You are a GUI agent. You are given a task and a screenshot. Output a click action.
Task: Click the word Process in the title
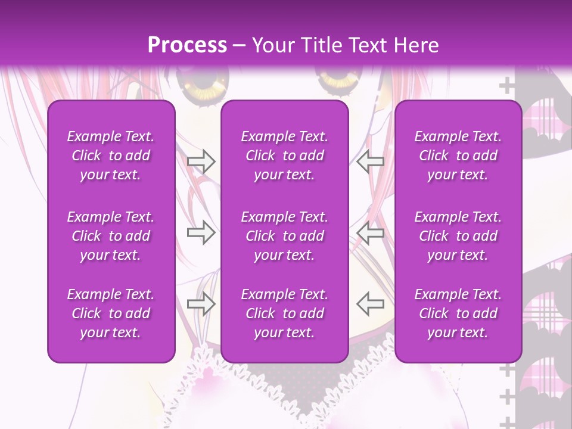click(x=187, y=45)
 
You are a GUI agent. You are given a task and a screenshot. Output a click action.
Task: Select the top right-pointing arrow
click(x=201, y=161)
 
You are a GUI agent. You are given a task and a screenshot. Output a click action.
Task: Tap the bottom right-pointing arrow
click(x=201, y=304)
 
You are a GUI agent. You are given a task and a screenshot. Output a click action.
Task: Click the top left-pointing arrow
click(x=370, y=161)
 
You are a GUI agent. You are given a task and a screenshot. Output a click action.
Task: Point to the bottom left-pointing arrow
click(x=370, y=304)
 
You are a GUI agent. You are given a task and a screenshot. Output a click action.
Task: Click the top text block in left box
click(x=111, y=156)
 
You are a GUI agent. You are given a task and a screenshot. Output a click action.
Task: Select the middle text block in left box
click(x=111, y=236)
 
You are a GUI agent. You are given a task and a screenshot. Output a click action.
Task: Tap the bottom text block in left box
click(x=111, y=313)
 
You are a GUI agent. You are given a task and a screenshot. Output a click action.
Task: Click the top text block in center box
click(x=285, y=156)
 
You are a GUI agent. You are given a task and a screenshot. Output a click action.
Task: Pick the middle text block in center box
click(x=285, y=236)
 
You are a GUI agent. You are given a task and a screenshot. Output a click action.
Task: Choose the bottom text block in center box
click(x=285, y=313)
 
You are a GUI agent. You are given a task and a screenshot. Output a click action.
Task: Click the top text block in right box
click(x=458, y=156)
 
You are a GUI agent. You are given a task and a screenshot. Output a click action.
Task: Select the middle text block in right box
click(x=458, y=236)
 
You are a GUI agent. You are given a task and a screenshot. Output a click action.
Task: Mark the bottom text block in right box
click(x=458, y=313)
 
